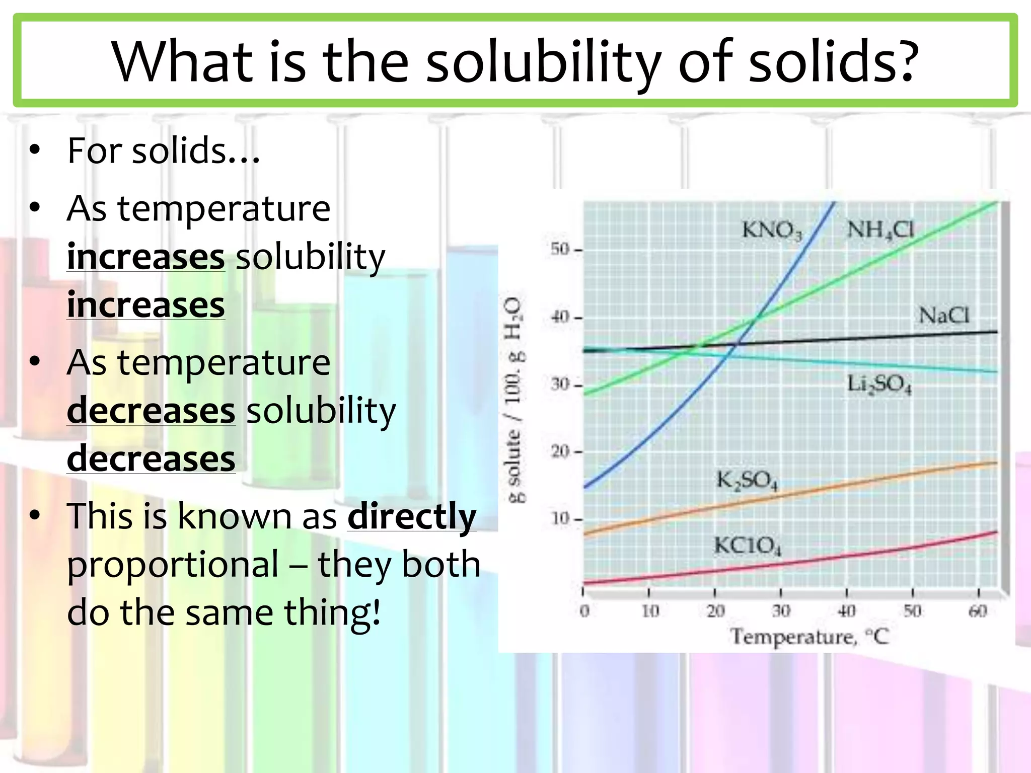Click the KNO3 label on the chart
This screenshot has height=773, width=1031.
coord(772,230)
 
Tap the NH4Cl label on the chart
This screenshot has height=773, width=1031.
coord(880,230)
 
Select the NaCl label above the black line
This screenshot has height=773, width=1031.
coord(944,316)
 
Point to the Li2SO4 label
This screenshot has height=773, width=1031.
coord(879,384)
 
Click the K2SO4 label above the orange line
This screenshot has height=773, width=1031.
coord(747,481)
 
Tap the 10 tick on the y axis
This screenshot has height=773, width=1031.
coord(560,518)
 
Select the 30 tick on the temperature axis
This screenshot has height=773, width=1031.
coord(781,611)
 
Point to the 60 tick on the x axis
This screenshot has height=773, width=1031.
coord(978,611)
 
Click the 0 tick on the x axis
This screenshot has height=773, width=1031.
coord(584,611)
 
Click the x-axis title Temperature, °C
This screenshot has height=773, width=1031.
coord(809,637)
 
